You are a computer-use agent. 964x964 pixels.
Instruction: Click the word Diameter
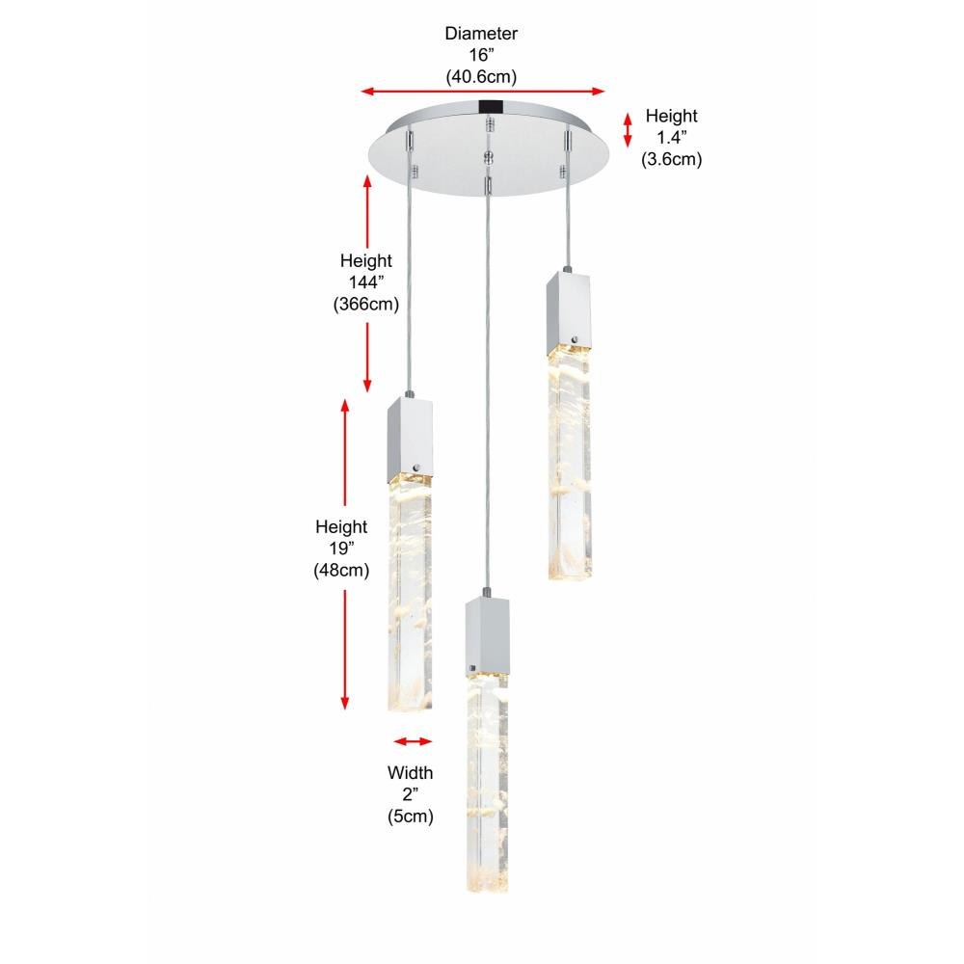coord(481,33)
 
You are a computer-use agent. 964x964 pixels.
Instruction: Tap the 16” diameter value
coord(481,55)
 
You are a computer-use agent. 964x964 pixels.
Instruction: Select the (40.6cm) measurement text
coord(481,77)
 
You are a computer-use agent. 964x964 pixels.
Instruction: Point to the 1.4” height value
coord(671,137)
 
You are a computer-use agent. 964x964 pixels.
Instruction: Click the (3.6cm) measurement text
coord(671,159)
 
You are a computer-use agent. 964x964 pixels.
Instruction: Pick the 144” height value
coord(366,282)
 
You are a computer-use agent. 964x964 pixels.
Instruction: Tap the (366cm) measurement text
coord(366,305)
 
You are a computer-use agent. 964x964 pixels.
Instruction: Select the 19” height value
coord(341,549)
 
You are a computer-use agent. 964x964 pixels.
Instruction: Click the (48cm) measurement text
coord(341,571)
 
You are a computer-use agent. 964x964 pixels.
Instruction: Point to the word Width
coord(410,773)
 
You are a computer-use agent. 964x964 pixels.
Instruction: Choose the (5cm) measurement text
coord(410,817)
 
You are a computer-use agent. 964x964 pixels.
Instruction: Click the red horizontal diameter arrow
coord(483,92)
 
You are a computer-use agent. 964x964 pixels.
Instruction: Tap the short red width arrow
coord(413,741)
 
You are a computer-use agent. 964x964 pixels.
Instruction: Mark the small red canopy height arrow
coord(628,130)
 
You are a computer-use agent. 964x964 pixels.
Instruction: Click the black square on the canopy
coord(490,107)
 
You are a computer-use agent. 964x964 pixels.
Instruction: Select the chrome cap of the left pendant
coord(410,441)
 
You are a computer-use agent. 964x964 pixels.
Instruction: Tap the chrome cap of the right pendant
coord(570,313)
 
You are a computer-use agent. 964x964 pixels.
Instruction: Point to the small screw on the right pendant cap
coord(576,338)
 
